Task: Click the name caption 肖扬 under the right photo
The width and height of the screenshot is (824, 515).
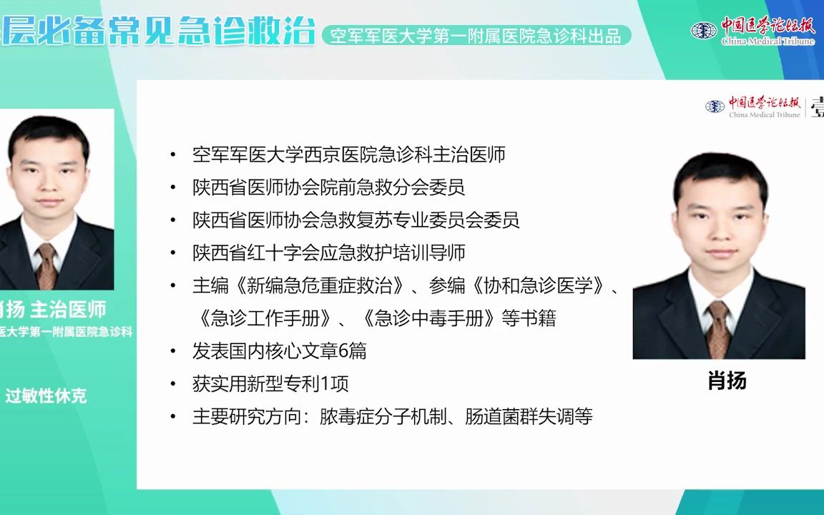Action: (x=727, y=381)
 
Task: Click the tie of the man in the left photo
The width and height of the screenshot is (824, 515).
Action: (x=46, y=265)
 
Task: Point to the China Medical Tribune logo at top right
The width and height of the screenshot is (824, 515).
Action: (x=753, y=30)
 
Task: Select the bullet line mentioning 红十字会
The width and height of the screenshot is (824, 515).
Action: (x=329, y=252)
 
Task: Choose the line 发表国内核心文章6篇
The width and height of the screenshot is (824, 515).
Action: (x=279, y=351)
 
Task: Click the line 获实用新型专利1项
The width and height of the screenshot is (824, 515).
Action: (x=270, y=384)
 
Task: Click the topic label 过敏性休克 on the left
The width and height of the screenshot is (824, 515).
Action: (x=46, y=396)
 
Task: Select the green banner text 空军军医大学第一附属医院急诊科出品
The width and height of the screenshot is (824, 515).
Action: (x=476, y=36)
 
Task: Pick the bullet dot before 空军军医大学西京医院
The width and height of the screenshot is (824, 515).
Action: (x=172, y=154)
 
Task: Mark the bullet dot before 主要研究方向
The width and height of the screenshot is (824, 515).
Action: (x=172, y=417)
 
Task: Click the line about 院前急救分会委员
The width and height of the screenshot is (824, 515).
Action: (x=328, y=187)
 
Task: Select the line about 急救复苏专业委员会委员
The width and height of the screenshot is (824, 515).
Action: (x=355, y=220)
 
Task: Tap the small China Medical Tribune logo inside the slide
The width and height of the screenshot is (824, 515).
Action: (x=753, y=107)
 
